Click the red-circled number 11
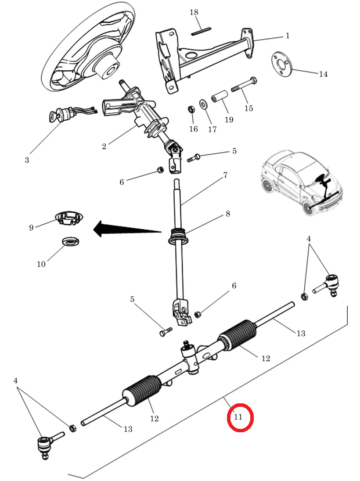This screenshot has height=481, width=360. point(238,417)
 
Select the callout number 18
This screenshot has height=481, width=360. point(194,12)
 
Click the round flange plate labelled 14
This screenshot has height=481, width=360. point(282,65)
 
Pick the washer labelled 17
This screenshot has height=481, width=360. point(203,104)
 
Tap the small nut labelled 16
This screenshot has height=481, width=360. point(191,109)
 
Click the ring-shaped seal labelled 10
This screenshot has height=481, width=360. point(71,241)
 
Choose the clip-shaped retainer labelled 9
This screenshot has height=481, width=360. point(69,219)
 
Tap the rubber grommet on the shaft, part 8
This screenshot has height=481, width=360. point(178,236)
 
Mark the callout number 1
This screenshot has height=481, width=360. point(288,36)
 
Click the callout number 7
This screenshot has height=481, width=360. point(225,175)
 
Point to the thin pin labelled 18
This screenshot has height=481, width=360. point(202,31)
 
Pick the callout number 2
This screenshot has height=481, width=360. point(104,146)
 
